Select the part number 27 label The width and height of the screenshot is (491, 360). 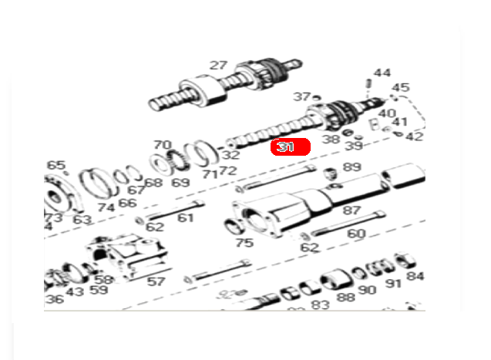click(218, 66)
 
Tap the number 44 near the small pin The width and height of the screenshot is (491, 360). click(382, 74)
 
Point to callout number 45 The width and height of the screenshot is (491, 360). click(401, 88)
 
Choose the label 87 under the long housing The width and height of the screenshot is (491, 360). click(351, 210)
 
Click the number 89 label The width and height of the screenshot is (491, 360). click(351, 167)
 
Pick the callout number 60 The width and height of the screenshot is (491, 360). click(356, 234)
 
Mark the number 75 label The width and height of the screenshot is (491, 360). click(244, 243)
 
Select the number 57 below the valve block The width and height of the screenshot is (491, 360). click(156, 281)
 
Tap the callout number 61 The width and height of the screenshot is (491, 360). click(185, 218)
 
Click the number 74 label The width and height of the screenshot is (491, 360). click(106, 207)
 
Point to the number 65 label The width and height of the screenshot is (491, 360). click(55, 165)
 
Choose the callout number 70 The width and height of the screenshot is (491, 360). click(161, 145)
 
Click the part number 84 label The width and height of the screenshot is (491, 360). click(415, 276)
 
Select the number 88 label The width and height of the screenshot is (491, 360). click(345, 297)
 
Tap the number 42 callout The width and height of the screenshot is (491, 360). click(414, 136)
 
